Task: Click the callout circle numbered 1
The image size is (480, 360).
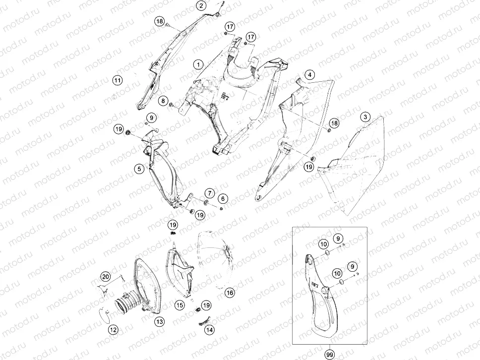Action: (x=198, y=64)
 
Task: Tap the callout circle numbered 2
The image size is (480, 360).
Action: (x=201, y=5)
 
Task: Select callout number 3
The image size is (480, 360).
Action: (x=365, y=117)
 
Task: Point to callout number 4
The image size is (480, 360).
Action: (x=310, y=75)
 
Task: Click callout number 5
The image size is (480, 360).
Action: (x=139, y=169)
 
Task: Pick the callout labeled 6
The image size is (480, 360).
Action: (x=223, y=199)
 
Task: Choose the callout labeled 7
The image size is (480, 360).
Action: (x=210, y=193)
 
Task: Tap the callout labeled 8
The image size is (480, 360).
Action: (x=163, y=101)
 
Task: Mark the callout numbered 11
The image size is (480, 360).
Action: (x=117, y=80)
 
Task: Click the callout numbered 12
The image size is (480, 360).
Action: (x=113, y=330)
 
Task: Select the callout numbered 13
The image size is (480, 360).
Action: (x=160, y=321)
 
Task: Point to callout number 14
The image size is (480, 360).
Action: (x=209, y=330)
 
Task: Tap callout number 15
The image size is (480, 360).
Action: (x=180, y=305)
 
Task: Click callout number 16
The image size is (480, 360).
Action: (x=230, y=293)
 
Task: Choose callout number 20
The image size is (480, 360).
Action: (x=105, y=277)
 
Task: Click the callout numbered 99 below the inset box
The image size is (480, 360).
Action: (x=330, y=355)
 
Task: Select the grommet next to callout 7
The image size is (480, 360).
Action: (x=206, y=202)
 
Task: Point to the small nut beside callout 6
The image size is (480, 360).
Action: (x=221, y=208)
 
